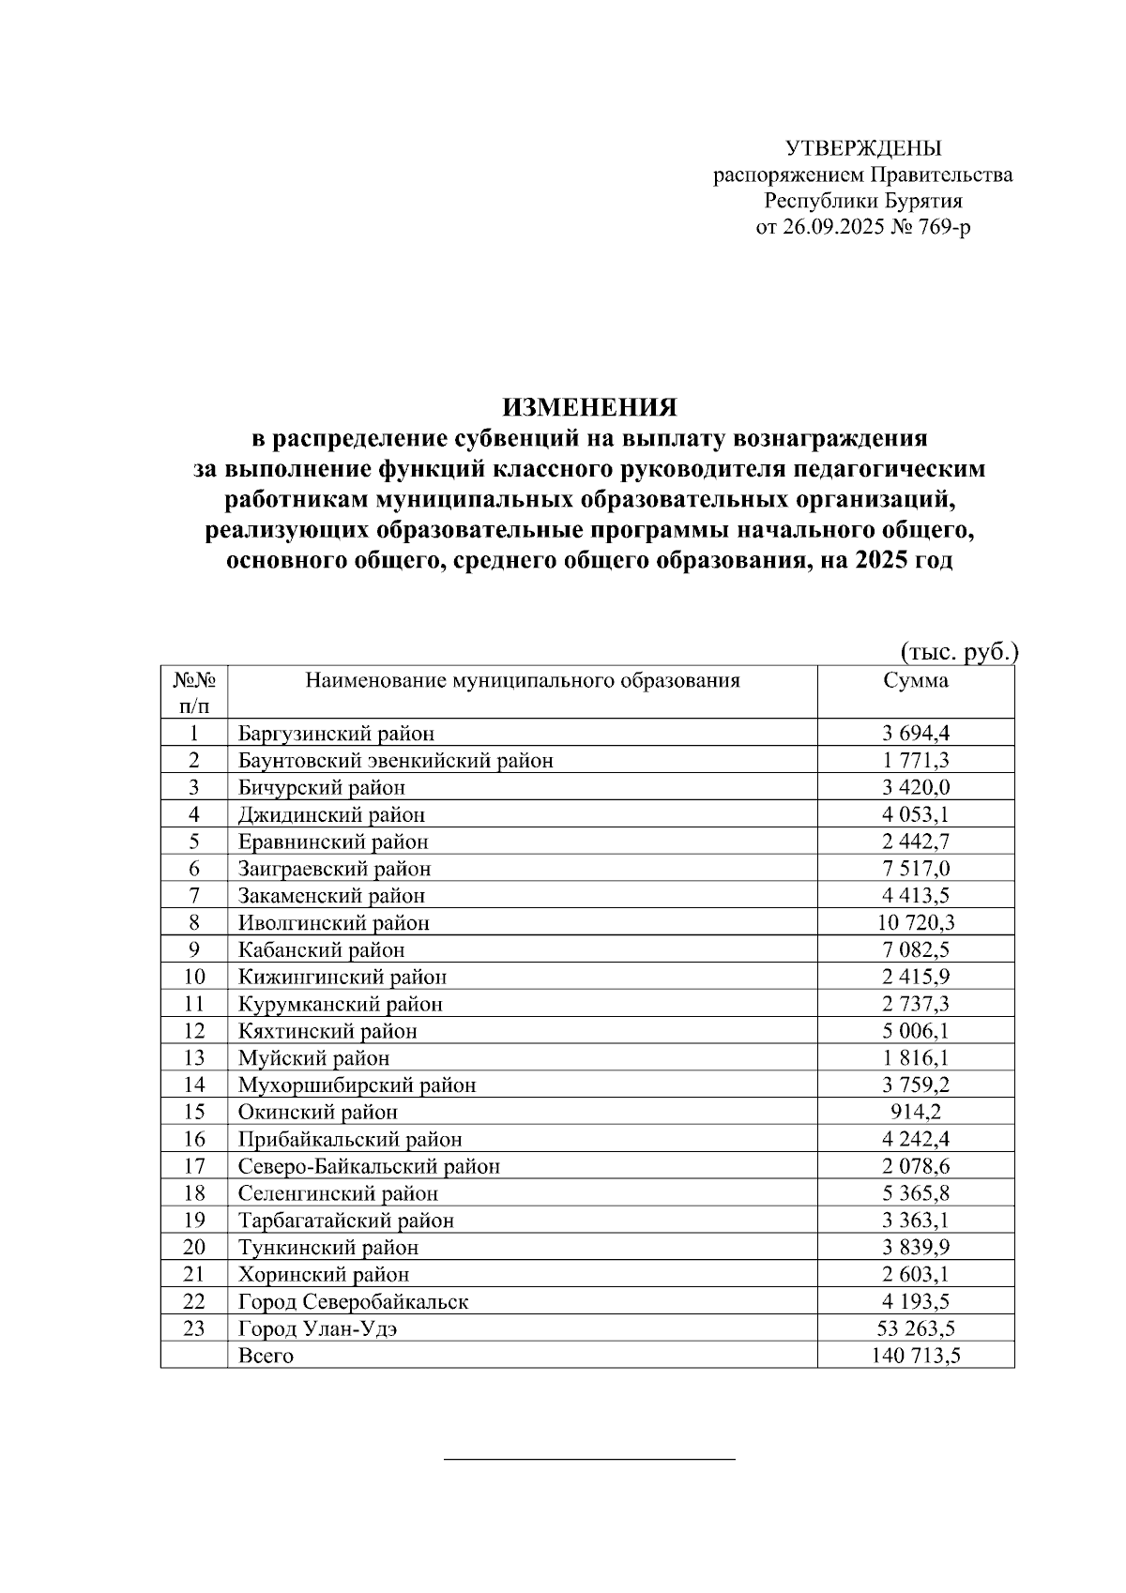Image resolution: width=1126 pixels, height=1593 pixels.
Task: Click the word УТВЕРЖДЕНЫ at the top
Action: pyautogui.click(x=862, y=148)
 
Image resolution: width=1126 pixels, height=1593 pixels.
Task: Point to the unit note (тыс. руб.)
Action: pyautogui.click(x=958, y=652)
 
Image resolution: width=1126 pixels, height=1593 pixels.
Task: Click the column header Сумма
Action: pyautogui.click(x=915, y=681)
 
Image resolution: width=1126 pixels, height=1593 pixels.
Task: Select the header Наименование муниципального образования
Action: pyautogui.click(x=523, y=681)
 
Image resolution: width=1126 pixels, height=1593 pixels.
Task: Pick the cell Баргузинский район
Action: pyautogui.click(x=336, y=734)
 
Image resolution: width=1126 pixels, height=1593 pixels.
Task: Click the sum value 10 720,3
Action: pyautogui.click(x=915, y=923)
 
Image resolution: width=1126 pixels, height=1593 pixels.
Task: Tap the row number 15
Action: pyautogui.click(x=194, y=1113)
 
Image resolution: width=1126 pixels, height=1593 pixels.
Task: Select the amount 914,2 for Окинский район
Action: pyautogui.click(x=915, y=1113)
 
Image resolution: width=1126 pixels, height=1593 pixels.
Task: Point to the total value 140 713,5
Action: pyautogui.click(x=915, y=1357)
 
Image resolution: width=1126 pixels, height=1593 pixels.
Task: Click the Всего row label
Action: pyautogui.click(x=266, y=1357)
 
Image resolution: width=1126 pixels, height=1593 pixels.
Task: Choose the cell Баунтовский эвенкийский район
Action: pyautogui.click(x=395, y=761)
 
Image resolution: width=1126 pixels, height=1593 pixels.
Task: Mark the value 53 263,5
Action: pyautogui.click(x=915, y=1329)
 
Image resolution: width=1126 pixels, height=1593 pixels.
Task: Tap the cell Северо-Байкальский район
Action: pyautogui.click(x=369, y=1167)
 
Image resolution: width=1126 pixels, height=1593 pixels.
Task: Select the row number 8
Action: pyautogui.click(x=194, y=923)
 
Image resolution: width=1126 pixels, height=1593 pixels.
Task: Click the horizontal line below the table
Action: pyautogui.click(x=588, y=1460)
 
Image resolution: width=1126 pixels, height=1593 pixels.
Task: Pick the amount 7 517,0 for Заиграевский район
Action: pyautogui.click(x=915, y=869)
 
